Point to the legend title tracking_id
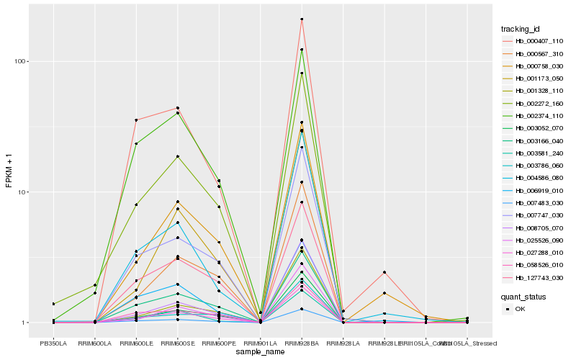tap(521, 29)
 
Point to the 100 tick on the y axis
tap(20, 61)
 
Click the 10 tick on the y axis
tap(22, 192)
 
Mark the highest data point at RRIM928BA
tap(302, 19)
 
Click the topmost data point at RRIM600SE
tap(177, 108)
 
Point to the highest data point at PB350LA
tap(53, 304)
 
